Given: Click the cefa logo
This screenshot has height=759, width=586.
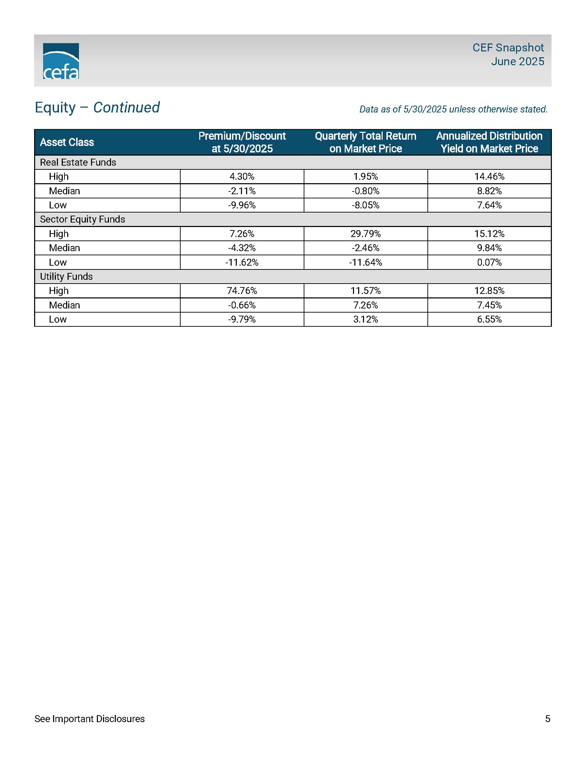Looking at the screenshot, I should [61, 61].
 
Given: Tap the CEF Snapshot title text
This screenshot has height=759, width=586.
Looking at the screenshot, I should [508, 48].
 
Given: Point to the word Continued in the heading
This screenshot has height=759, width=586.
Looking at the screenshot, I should [127, 107].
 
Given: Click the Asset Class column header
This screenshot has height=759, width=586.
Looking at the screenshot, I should [67, 142].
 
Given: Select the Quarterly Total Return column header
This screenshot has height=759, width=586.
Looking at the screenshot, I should [365, 142].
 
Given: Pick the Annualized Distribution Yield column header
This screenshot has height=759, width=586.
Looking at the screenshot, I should [489, 142].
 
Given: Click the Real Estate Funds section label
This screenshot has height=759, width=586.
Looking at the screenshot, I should [78, 162].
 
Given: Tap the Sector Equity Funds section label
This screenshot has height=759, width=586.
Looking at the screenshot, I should [83, 219].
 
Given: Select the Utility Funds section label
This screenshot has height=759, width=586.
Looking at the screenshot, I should [66, 276].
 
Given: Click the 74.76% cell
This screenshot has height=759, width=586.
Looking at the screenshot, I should [242, 290].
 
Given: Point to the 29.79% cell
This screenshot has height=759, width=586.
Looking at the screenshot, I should [365, 234].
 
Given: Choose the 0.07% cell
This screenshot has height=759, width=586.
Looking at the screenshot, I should [489, 263].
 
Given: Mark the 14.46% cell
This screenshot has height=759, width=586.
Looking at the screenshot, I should [489, 177].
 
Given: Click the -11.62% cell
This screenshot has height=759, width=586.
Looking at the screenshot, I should [242, 263].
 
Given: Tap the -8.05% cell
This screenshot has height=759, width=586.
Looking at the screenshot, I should [365, 205].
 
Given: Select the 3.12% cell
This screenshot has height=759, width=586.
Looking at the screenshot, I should [365, 319].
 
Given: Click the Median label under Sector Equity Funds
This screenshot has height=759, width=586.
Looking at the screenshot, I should [64, 248].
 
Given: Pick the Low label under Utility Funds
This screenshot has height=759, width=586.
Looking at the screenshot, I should [58, 319].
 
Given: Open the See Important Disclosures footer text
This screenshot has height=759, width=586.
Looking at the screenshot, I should [90, 719].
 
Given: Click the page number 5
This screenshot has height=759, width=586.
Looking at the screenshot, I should [547, 719].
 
